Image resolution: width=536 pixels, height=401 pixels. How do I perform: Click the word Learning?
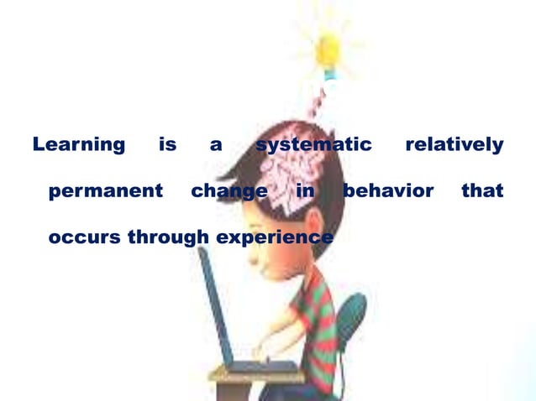point(78,145)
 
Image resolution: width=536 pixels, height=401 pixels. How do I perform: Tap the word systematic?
point(313,145)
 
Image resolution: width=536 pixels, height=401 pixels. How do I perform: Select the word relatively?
point(454,145)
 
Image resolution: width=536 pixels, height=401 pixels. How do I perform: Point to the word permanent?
point(106,191)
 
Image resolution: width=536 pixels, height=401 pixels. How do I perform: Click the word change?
point(229,191)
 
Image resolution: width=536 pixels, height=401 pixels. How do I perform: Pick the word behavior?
point(388,191)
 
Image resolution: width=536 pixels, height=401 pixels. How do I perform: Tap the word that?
point(482,191)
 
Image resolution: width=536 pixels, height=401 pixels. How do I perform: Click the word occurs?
point(85,237)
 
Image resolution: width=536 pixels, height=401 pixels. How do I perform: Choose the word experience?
point(275,237)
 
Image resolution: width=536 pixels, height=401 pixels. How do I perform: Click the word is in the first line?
point(167,145)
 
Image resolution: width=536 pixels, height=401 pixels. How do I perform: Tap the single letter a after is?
point(216,145)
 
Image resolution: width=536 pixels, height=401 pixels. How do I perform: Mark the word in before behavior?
point(306,191)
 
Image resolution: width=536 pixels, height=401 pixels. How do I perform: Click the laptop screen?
point(216,310)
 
